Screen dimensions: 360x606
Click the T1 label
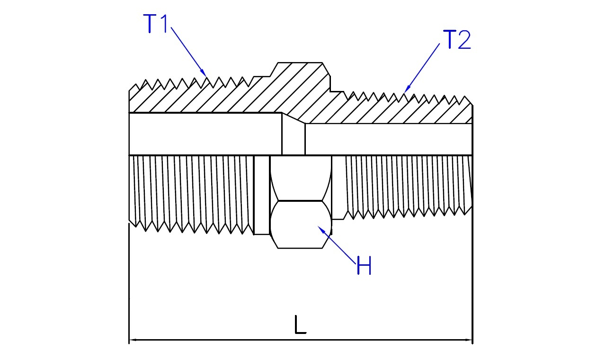(x=156, y=24)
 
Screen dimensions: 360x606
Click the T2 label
(x=457, y=40)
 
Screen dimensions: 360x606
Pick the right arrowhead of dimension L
(x=469, y=340)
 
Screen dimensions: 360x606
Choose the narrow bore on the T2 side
(x=388, y=139)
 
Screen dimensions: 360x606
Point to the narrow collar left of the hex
(x=262, y=194)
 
